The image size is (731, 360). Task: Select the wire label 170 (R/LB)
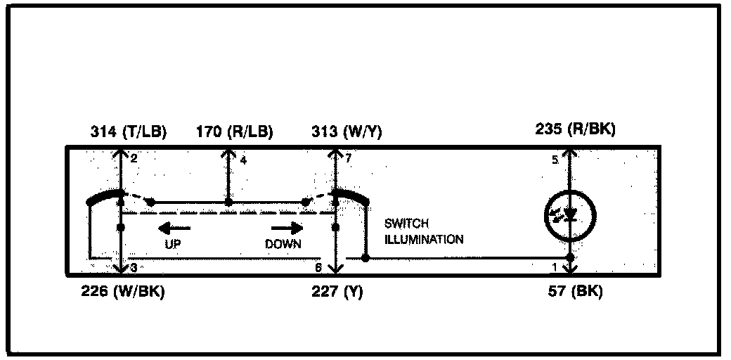tap(235, 131)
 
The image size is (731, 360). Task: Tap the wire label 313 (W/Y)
tap(347, 131)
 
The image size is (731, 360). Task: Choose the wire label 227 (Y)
tap(338, 292)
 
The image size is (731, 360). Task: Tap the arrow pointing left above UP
tap(173, 228)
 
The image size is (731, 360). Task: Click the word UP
tap(173, 244)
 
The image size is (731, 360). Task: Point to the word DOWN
tap(283, 244)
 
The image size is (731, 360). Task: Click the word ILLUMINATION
tap(424, 239)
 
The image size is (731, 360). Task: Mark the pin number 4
tap(242, 160)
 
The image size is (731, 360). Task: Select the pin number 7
tap(347, 160)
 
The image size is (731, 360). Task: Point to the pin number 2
tap(133, 160)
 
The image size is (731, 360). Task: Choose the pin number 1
tap(555, 268)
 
